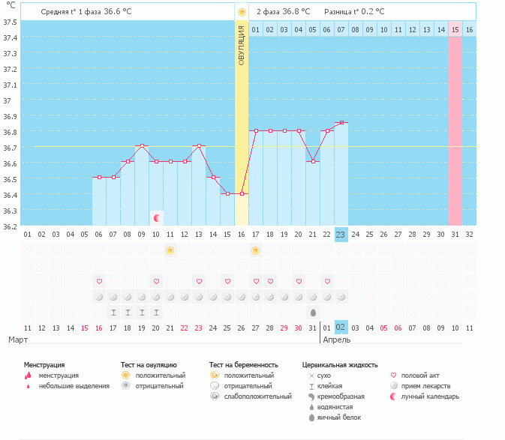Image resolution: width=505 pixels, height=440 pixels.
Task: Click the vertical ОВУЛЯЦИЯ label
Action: point(242,45)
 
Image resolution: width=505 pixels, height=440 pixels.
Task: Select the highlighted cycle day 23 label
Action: point(341,235)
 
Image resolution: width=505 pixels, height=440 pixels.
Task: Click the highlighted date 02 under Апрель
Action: point(341,328)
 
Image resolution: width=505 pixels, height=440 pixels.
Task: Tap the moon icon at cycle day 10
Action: point(156,218)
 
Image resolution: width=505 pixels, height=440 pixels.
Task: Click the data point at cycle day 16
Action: point(242,194)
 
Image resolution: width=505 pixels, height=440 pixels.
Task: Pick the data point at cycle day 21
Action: point(313,162)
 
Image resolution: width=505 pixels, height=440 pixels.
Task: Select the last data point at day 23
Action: point(341,122)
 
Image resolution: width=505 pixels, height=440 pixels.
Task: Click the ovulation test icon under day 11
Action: point(170,250)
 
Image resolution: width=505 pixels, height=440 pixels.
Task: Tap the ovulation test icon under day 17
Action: point(256,250)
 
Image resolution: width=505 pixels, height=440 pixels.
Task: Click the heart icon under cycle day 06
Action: point(99,281)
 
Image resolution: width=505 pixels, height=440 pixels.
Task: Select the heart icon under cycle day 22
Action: point(327,281)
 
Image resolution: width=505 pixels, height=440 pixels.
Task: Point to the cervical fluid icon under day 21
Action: point(313,312)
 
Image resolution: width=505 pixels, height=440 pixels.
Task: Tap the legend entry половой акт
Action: point(418,375)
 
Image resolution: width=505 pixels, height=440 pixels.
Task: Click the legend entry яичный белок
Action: point(335,417)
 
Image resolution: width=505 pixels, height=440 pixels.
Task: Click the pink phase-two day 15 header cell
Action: point(455,29)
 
